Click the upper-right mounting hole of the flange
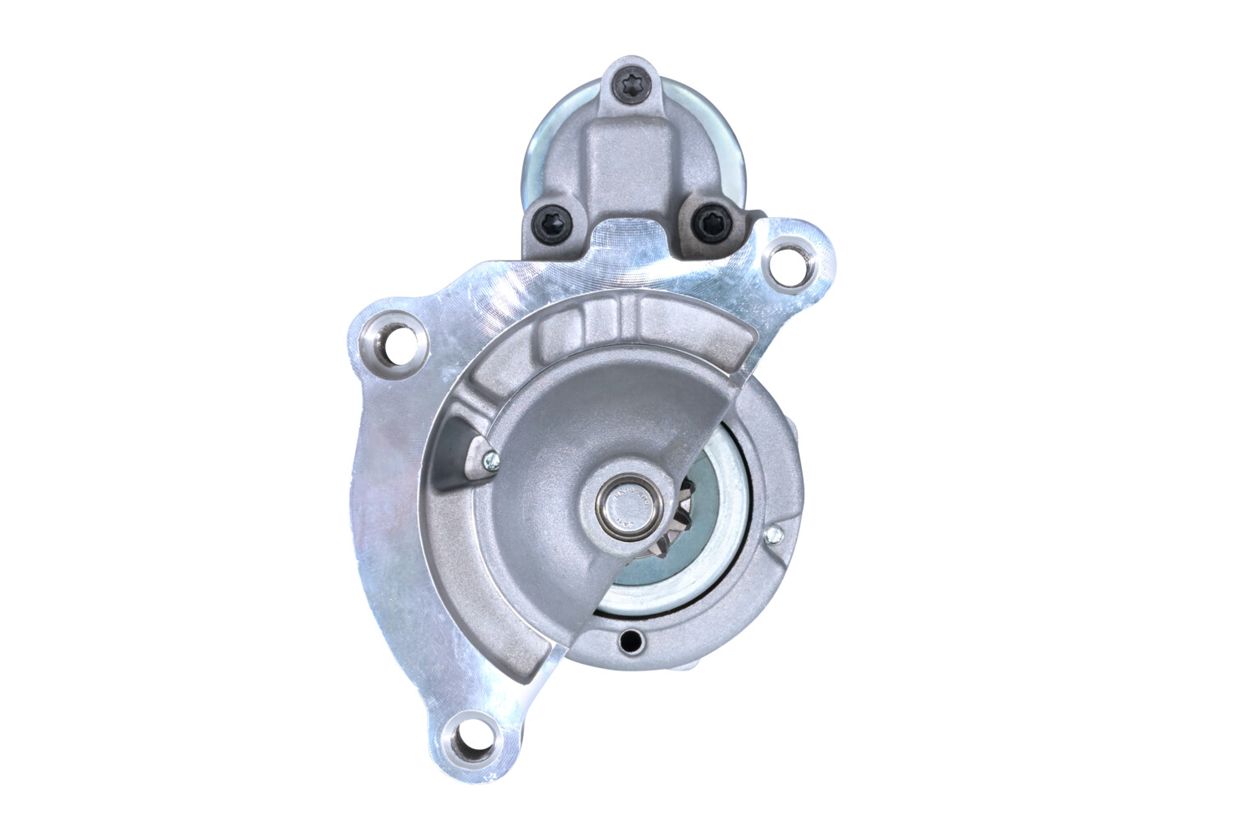tap(787, 260)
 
